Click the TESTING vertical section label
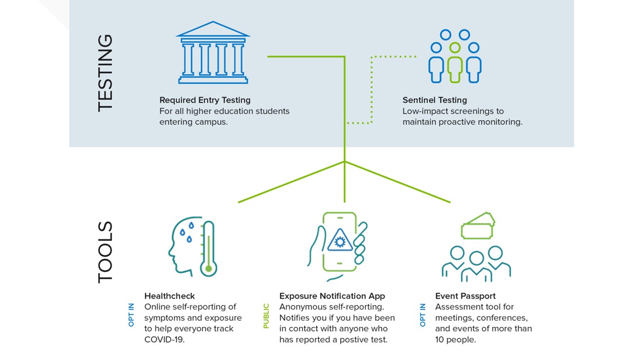[105, 73]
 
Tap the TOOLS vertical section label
[105, 252]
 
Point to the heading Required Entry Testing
[205, 100]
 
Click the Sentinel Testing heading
[435, 100]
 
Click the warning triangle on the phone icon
[339, 240]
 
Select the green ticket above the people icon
[478, 226]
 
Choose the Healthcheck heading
[170, 296]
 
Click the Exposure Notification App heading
[332, 296]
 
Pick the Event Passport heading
[465, 296]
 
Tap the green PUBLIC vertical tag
[266, 316]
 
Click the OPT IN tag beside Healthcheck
[131, 315]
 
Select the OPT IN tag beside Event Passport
[422, 315]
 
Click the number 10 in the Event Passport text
[440, 339]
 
